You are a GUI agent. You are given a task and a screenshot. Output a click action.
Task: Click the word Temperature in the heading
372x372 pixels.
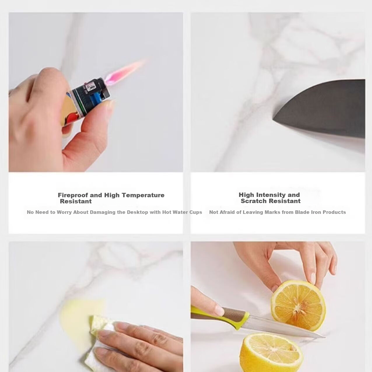click(143, 195)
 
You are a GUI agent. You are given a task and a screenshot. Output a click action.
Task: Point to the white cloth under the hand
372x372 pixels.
click(97, 347)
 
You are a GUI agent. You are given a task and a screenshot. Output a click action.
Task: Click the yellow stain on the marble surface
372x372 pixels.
click(77, 319)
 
